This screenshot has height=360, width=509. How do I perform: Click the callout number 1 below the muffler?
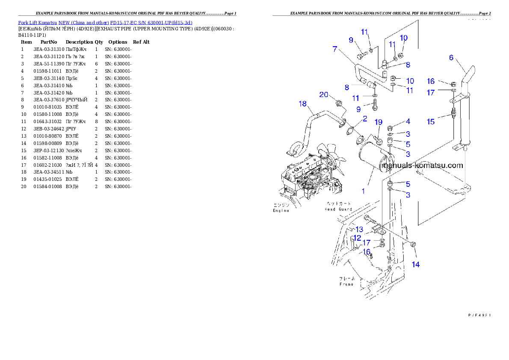pyautogui.click(x=363, y=191)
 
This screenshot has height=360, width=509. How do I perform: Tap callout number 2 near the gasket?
pyautogui.click(x=364, y=118)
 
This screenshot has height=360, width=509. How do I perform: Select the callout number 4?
pyautogui.click(x=408, y=122)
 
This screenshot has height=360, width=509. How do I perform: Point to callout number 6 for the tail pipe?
pyautogui.click(x=451, y=58)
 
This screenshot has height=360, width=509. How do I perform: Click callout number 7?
pyautogui.click(x=335, y=49)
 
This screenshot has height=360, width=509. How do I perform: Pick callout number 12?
pyautogui.click(x=357, y=237)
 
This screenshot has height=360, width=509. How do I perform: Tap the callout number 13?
pyautogui.click(x=359, y=230)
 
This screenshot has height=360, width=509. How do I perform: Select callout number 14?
pyautogui.click(x=415, y=264)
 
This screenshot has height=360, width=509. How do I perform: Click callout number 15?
pyautogui.click(x=430, y=121)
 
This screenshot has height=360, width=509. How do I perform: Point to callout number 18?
pyautogui.click(x=303, y=104)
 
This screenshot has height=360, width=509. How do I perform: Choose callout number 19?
pyautogui.click(x=378, y=122)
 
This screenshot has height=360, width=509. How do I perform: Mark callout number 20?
pyautogui.click(x=323, y=94)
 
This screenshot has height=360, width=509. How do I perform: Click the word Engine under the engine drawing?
pyautogui.click(x=281, y=210)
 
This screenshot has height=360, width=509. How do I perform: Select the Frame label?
pyautogui.click(x=346, y=284)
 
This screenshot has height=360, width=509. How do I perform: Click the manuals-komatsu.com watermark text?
pyautogui.click(x=423, y=165)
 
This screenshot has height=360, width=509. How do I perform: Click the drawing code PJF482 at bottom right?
pyautogui.click(x=478, y=315)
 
